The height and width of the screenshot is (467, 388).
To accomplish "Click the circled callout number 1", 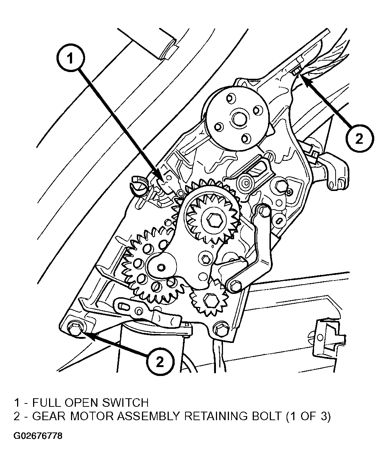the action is pyautogui.click(x=71, y=58).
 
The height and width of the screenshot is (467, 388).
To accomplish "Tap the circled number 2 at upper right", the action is pyautogui.click(x=359, y=139).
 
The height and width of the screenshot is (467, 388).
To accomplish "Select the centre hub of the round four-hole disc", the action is pyautogui.click(x=239, y=119).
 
